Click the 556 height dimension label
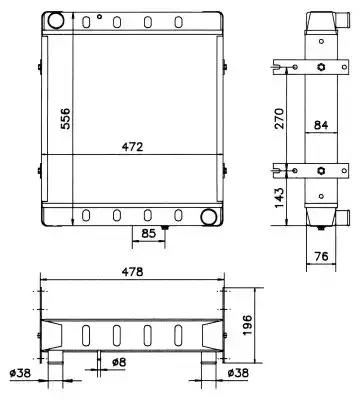coord(66,118)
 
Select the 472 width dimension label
coord(132,147)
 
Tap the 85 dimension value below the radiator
coord(148,233)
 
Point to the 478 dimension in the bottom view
coord(132,272)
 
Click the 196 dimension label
coord(248,325)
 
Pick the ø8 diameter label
coord(119,362)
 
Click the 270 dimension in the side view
coord(279,118)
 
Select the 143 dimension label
coord(279,197)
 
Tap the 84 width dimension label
coord(321,125)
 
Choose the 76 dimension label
coord(321,256)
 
